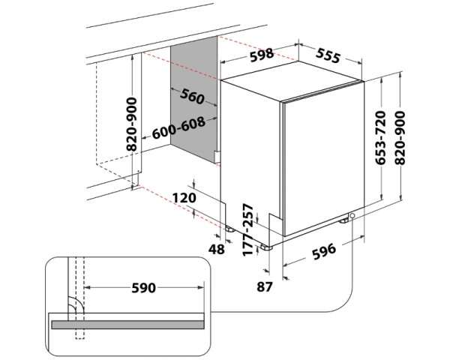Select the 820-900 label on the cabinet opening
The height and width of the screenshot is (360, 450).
pyautogui.click(x=132, y=124)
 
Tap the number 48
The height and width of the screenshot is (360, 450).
pyautogui.click(x=216, y=248)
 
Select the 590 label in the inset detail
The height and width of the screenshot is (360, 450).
pyautogui.click(x=143, y=288)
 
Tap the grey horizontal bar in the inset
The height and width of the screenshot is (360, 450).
pyautogui.click(x=127, y=324)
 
